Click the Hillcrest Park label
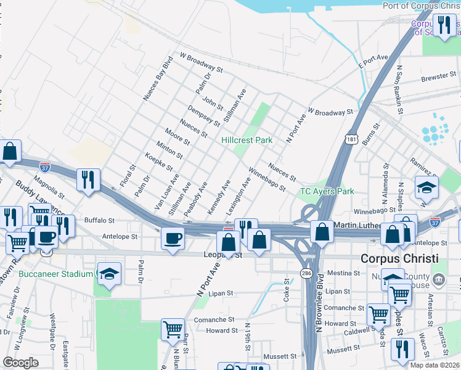[247, 140]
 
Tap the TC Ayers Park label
[327, 191]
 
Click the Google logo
[21, 363]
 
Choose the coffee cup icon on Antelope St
[173, 238]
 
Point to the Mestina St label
[343, 272]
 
